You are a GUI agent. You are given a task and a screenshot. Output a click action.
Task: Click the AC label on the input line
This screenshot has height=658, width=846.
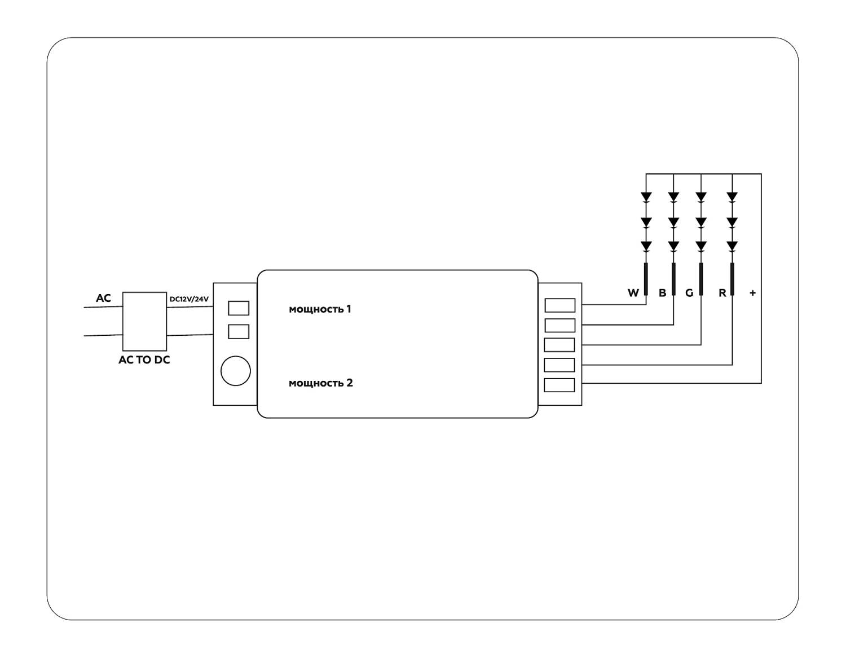coord(103,298)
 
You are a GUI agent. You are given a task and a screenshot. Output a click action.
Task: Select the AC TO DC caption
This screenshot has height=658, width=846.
coord(144,359)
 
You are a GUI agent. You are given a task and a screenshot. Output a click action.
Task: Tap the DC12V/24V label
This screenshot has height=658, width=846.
coord(189,299)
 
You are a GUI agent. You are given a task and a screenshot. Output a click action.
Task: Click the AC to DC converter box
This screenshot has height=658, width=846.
coord(144,321)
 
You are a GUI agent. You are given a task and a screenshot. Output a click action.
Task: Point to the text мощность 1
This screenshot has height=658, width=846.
coord(320,309)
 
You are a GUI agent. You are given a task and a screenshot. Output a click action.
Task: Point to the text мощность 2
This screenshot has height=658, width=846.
coord(320,383)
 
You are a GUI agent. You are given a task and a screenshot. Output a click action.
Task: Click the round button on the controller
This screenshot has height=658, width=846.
coord(235,371)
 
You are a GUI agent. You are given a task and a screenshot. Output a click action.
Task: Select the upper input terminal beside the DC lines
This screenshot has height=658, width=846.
coord(239,308)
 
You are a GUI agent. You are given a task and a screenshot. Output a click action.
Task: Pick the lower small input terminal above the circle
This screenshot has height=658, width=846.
coord(239,331)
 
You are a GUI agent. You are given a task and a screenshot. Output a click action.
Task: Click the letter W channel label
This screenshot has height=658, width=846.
coord(633,293)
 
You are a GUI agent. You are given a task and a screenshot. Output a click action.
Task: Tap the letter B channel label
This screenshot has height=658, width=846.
coord(662,293)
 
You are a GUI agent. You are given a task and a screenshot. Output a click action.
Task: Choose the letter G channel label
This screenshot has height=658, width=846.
coord(689,293)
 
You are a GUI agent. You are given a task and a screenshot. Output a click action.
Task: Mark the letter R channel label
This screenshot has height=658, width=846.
coord(722,293)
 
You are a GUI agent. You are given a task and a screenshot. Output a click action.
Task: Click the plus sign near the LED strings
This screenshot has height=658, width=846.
coord(752,293)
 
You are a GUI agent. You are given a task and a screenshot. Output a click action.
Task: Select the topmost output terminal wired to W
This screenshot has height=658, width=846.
coord(559,305)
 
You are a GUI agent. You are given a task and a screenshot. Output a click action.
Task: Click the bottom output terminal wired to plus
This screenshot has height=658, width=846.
coord(559,385)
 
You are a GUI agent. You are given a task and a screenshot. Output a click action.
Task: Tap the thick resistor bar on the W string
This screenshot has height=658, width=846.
coord(646,279)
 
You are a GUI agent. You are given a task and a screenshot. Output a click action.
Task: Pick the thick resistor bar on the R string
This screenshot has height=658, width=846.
coord(732,279)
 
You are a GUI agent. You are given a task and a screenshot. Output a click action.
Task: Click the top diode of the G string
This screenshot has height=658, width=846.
coord(701,197)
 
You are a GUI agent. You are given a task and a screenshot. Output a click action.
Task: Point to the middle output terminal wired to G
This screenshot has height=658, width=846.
coord(559,345)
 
